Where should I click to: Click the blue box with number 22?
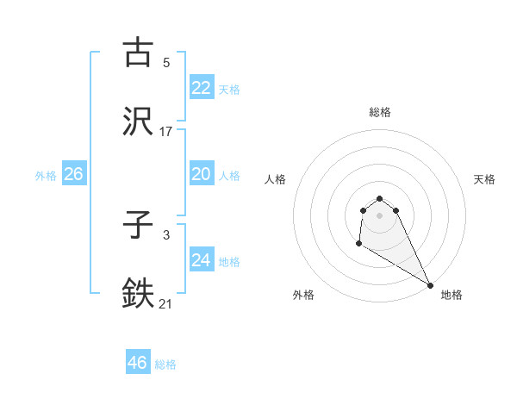pyautogui.click(x=202, y=88)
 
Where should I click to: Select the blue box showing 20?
pyautogui.click(x=202, y=174)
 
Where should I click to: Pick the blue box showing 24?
pyautogui.click(x=202, y=260)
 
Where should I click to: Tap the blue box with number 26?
pyautogui.click(x=73, y=174)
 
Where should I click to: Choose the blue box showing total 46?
pyautogui.click(x=138, y=363)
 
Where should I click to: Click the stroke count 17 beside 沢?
pyautogui.click(x=165, y=131)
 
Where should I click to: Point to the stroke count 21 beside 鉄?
pyautogui.click(x=165, y=304)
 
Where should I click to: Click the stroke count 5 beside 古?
pyautogui.click(x=165, y=63)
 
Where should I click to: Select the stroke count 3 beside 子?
pyautogui.click(x=165, y=235)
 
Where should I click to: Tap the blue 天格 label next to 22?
pyautogui.click(x=229, y=90)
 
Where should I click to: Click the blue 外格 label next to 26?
pyautogui.click(x=46, y=176)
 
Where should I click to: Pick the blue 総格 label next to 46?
pyautogui.click(x=165, y=364)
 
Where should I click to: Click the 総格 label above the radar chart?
pyautogui.click(x=380, y=112)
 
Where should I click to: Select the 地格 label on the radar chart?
pyautogui.click(x=452, y=295)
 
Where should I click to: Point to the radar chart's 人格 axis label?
pyautogui.click(x=275, y=179)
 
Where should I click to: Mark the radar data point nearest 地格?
pyautogui.click(x=430, y=285)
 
